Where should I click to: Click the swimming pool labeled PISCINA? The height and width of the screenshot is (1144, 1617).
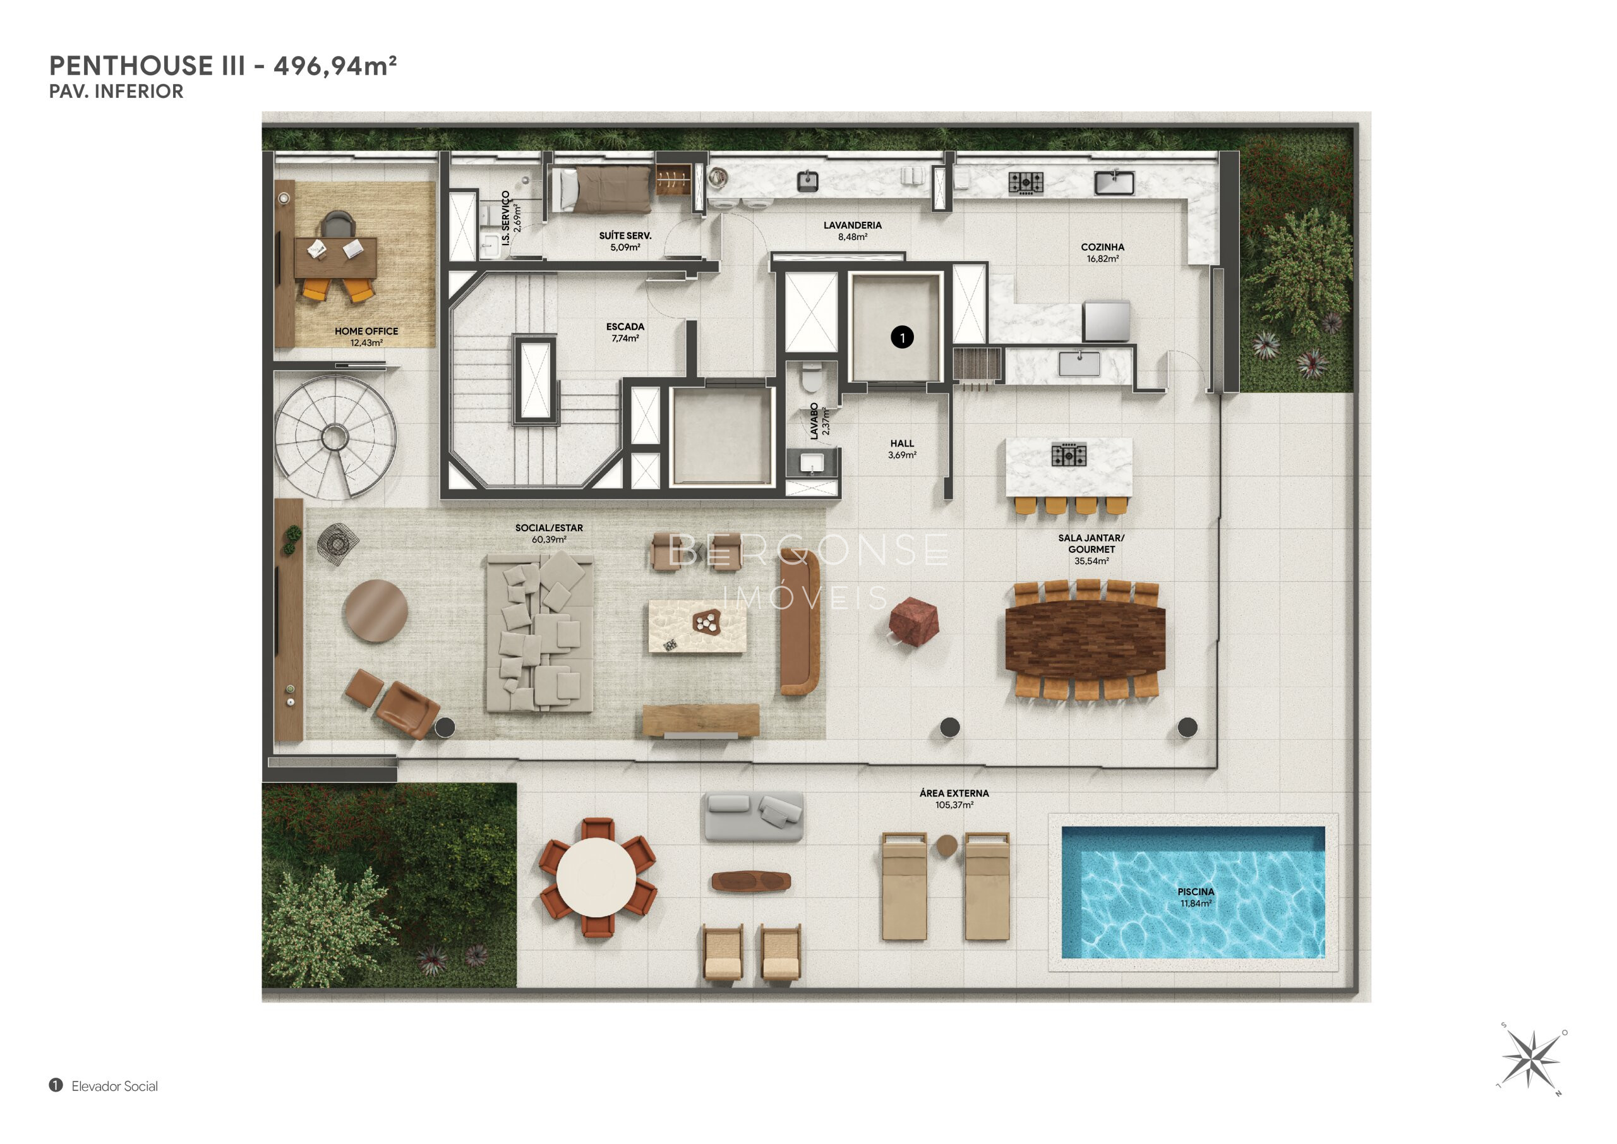(x=1193, y=892)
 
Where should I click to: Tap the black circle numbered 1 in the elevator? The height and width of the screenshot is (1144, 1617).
(x=902, y=337)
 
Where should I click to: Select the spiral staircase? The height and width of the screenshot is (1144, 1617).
(x=335, y=438)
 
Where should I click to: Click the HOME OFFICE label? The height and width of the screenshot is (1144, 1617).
(x=366, y=331)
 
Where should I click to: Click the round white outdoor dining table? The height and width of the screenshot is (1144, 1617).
(x=596, y=877)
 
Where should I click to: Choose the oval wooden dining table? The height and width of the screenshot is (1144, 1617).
(x=1085, y=639)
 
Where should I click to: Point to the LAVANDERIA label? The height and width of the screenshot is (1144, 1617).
(x=852, y=226)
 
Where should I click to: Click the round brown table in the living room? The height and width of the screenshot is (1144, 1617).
(x=376, y=611)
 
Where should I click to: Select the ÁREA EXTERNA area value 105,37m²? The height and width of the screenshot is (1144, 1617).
(x=954, y=805)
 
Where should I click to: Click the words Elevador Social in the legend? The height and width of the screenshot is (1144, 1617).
(x=115, y=1087)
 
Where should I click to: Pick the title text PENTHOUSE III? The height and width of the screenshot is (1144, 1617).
(x=147, y=66)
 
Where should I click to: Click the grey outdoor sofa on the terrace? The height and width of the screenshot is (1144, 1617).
(x=753, y=816)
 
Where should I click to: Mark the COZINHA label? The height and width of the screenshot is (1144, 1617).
(x=1102, y=247)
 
